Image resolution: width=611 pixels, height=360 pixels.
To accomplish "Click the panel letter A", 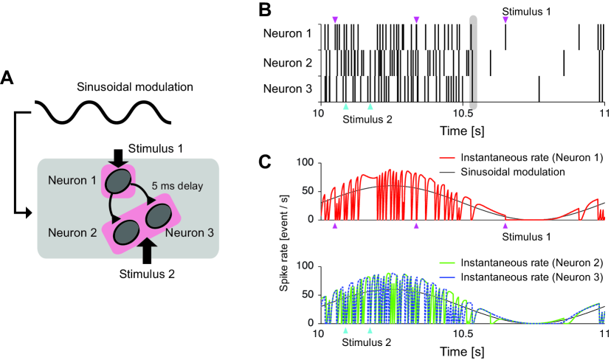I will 8,77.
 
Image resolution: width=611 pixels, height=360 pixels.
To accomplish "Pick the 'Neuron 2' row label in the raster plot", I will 289,63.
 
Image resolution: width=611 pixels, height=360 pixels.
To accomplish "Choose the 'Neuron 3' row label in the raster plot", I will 289,91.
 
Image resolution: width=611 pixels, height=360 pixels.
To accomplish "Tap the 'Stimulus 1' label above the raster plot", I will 526,12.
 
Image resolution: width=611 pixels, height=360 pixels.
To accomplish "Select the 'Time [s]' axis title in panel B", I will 461,131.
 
